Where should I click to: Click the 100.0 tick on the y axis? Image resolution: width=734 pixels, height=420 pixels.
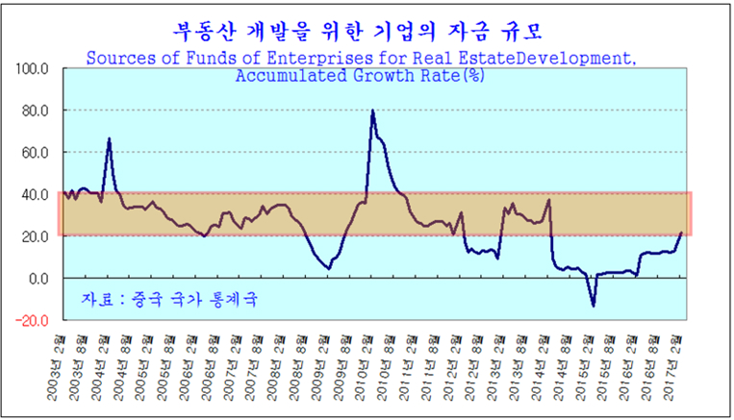[x=32, y=69]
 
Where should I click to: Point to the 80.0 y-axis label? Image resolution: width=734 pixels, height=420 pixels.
[x=35, y=111]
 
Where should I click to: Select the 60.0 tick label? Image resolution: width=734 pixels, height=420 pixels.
[x=35, y=153]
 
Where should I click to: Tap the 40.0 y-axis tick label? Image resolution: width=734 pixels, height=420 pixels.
[x=35, y=194]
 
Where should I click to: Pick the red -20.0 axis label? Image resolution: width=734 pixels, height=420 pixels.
[x=32, y=320]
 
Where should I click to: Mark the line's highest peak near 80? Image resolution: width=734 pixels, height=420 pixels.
[x=372, y=111]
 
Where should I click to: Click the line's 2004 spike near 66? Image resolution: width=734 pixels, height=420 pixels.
[x=109, y=139]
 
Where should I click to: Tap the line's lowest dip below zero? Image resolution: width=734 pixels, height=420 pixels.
[x=594, y=306]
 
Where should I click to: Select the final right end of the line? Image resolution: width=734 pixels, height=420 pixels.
[x=681, y=233]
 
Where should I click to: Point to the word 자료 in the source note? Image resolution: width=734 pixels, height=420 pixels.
[x=96, y=299]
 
